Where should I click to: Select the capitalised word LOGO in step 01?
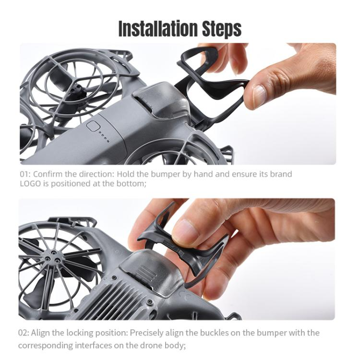pos(30,184)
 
